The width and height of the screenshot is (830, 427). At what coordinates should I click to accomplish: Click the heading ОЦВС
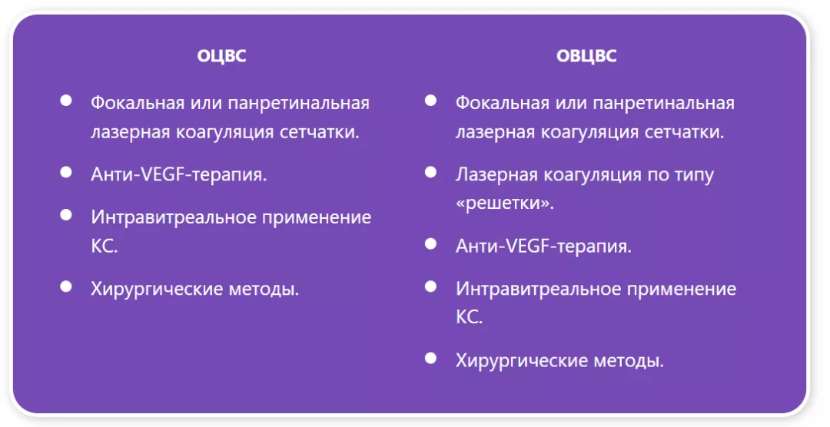221,56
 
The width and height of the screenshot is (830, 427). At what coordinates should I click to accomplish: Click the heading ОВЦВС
586,56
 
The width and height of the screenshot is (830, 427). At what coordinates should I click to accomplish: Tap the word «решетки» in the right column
504,204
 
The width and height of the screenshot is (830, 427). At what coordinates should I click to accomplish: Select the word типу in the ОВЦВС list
688,174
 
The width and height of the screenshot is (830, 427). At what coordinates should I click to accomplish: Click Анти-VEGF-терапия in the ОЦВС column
179,174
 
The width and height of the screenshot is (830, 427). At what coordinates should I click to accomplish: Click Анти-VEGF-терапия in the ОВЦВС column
543,246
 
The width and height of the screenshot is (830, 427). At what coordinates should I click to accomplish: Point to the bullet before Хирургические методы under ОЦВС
66,286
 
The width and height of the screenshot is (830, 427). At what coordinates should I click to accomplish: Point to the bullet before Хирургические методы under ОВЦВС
430,358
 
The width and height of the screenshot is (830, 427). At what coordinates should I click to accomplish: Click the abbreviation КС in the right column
469,317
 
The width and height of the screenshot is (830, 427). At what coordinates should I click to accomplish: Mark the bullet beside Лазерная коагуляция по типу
430,172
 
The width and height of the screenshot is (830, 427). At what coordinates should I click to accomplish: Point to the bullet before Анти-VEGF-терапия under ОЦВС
66,172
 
